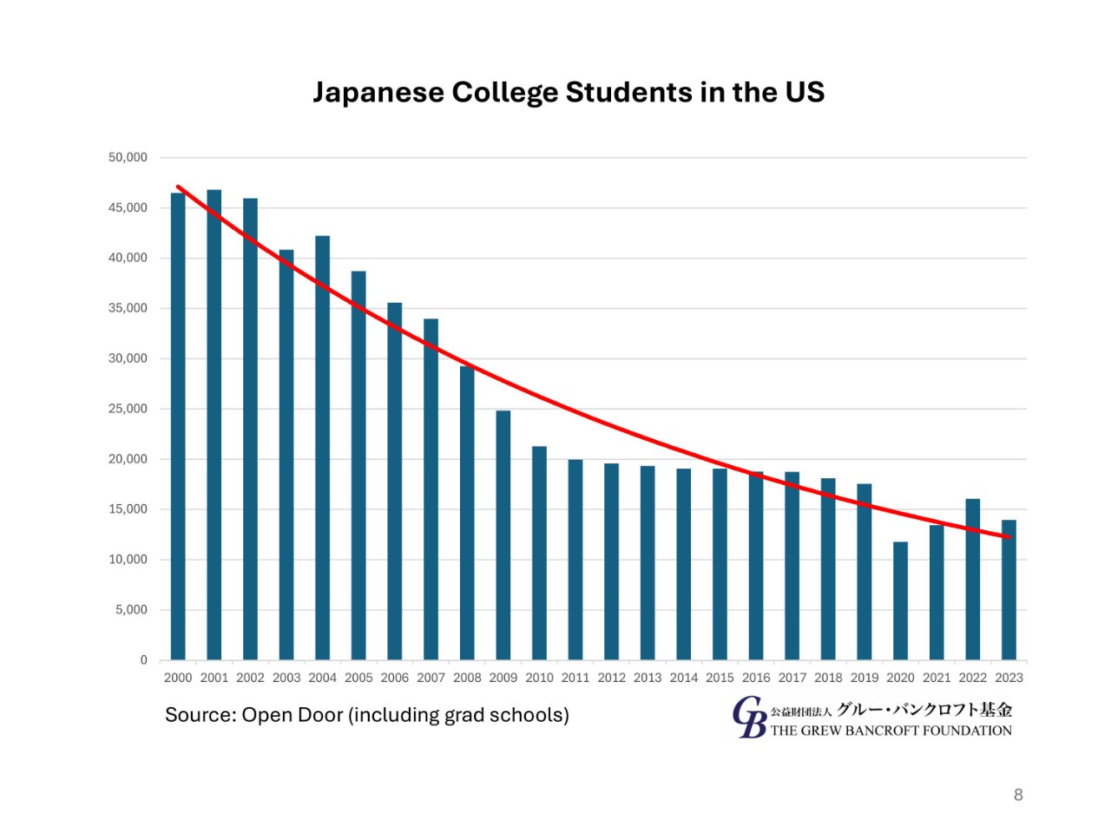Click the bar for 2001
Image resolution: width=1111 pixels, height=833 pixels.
pos(214,425)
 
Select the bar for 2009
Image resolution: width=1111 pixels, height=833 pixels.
pos(503,535)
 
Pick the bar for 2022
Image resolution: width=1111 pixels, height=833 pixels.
pos(973,580)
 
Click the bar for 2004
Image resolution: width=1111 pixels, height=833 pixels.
pos(322,448)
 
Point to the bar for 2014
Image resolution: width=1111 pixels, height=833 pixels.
pos(684,564)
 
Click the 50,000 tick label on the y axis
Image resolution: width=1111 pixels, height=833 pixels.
pos(128,157)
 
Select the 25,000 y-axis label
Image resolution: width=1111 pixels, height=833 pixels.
pos(128,409)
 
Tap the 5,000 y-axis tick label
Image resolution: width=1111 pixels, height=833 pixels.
pos(131,610)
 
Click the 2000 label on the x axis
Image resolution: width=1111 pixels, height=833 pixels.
pos(178,678)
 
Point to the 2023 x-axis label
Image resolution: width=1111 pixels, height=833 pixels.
pos(1009,678)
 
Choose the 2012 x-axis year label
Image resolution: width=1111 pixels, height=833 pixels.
pos(611,678)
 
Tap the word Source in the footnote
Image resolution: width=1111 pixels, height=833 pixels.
pos(200,715)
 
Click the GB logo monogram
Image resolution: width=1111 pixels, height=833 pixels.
pos(749,718)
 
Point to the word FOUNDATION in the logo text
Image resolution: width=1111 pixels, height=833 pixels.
pos(967,731)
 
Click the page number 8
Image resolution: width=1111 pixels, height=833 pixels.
pos(1018,795)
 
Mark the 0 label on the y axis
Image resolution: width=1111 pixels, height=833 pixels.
pos(144,660)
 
